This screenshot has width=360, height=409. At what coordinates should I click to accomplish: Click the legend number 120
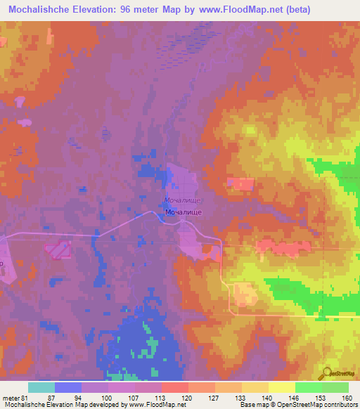click(x=186, y=397)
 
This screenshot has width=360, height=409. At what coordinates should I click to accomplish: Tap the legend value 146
click(x=292, y=397)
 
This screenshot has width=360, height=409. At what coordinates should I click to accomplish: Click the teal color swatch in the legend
click(x=41, y=387)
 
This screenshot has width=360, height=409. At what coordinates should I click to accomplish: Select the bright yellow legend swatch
click(x=281, y=387)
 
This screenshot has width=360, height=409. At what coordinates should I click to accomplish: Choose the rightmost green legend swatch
click(x=335, y=387)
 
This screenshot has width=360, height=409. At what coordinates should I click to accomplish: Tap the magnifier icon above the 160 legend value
click(x=327, y=375)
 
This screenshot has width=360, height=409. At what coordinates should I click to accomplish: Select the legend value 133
click(x=239, y=397)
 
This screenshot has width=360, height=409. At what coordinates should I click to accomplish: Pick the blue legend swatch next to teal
click(x=67, y=387)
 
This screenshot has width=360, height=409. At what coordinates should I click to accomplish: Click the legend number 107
click(x=134, y=397)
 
